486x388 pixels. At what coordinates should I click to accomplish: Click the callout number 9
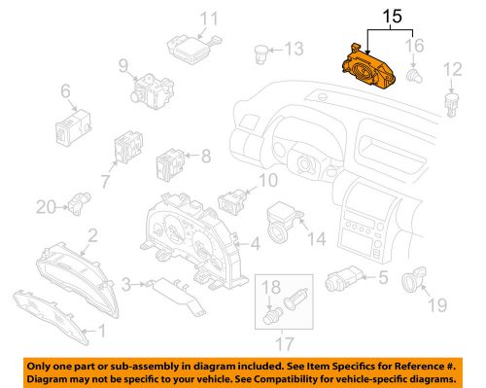click(x=124, y=66)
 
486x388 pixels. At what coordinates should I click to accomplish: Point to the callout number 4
click(x=254, y=242)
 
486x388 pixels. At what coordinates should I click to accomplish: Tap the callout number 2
click(x=92, y=234)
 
